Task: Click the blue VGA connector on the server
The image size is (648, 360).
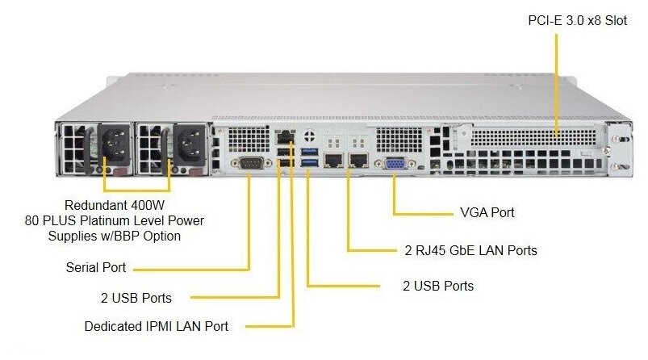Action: [x=395, y=164]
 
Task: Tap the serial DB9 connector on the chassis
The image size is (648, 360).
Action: [x=251, y=163]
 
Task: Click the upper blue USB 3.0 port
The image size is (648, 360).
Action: [x=310, y=152]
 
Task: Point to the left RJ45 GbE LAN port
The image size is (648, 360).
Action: [x=333, y=161]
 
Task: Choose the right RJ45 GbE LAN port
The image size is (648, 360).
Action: [x=358, y=161]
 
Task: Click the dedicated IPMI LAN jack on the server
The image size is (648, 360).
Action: [x=286, y=136]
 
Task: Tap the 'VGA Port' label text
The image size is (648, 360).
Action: [x=487, y=212]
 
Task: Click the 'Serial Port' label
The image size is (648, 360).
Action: [x=96, y=267]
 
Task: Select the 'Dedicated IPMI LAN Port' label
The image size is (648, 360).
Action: [x=157, y=326]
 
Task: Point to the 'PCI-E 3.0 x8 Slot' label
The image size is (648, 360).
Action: [x=577, y=21]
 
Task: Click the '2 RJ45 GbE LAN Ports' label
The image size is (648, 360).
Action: [x=470, y=250]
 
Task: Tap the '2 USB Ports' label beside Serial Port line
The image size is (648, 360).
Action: [x=136, y=298]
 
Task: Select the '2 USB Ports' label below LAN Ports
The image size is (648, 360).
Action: [x=438, y=286]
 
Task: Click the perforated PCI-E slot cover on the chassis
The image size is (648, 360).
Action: [x=533, y=138]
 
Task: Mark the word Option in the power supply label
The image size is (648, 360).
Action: [x=161, y=236]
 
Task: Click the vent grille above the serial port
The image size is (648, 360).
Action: [x=249, y=140]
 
